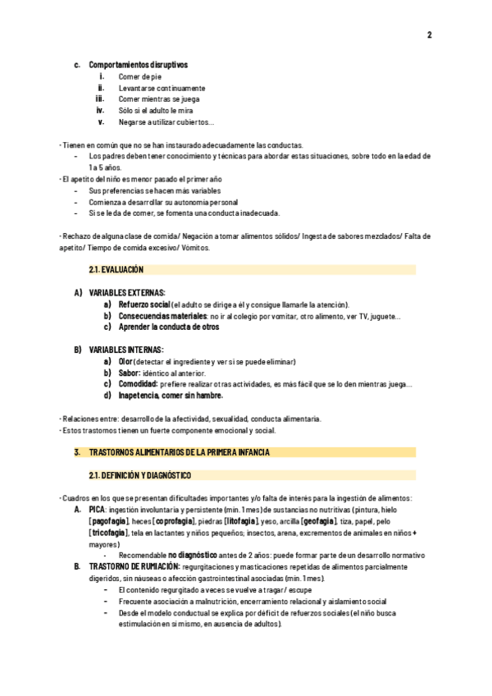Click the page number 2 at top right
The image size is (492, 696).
429,34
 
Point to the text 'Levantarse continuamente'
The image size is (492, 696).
162,88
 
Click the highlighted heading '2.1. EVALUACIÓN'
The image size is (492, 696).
116,269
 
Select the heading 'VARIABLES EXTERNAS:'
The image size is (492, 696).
127,292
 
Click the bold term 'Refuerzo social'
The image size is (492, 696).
143,304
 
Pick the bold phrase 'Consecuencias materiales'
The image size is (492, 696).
162,315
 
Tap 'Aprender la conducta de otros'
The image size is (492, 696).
169,327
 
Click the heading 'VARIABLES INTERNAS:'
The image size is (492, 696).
126,350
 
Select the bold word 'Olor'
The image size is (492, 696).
125,361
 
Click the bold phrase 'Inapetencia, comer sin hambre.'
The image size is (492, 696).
171,395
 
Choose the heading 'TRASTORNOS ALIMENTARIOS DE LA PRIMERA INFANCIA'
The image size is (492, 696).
179,452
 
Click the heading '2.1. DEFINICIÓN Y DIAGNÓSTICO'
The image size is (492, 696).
139,475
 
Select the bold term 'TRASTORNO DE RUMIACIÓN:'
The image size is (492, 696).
134,566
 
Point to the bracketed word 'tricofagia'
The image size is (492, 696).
108,533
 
